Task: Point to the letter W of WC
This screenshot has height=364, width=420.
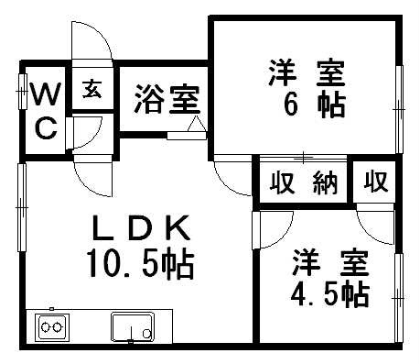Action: pyautogui.click(x=45, y=94)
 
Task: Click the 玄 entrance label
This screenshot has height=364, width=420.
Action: pyautogui.click(x=92, y=89)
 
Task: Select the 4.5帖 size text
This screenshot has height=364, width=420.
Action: pyautogui.click(x=330, y=294)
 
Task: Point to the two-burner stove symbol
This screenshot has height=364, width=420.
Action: pyautogui.click(x=51, y=326)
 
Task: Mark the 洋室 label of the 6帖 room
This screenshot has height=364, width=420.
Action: pyautogui.click(x=307, y=72)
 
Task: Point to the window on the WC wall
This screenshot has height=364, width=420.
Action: pyautogui.click(x=22, y=93)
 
